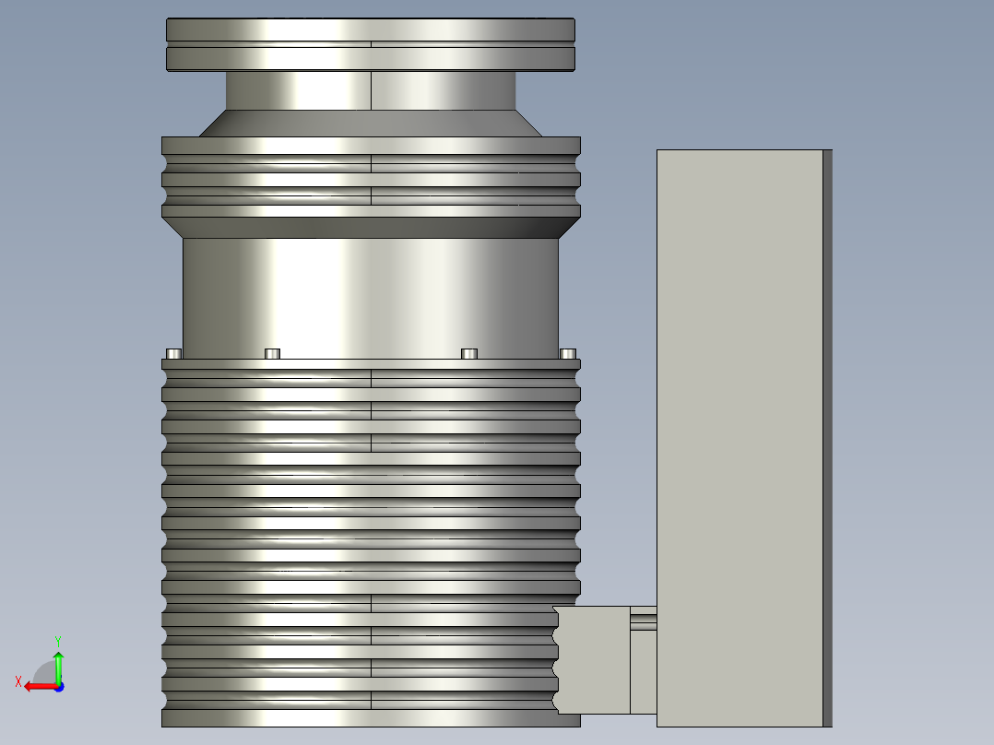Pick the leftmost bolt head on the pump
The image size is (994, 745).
click(173, 353)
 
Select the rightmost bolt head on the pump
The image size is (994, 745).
click(568, 353)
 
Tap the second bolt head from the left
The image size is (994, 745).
click(272, 353)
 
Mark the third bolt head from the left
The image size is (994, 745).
click(469, 353)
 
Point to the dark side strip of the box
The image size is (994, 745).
click(827, 433)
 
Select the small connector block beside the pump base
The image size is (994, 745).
click(593, 659)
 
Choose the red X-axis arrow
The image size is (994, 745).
click(37, 686)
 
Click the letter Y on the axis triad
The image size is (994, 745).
click(58, 640)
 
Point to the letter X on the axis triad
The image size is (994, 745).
click(18, 681)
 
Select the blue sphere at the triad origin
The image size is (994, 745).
click(58, 686)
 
